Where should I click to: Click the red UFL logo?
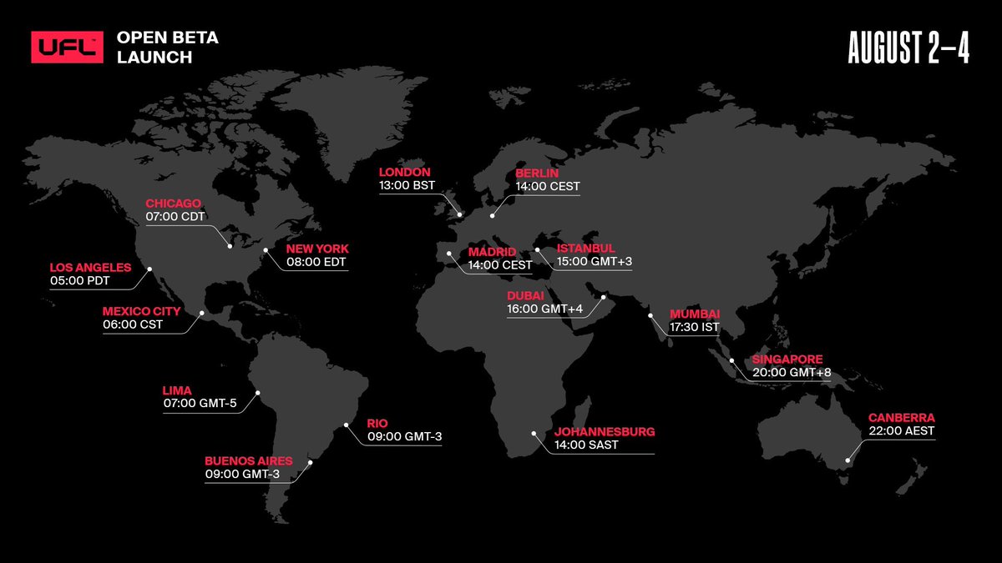click(68, 47)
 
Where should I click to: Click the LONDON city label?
click(405, 172)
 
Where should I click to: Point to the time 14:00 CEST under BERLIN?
click(548, 186)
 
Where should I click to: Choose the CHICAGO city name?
click(175, 203)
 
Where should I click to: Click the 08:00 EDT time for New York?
click(316, 262)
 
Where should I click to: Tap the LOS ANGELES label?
click(90, 268)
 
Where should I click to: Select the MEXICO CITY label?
click(141, 311)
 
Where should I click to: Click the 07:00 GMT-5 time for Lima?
click(200, 404)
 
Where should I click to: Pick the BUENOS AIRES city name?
click(249, 460)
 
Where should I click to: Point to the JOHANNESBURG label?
click(605, 432)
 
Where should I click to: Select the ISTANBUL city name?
click(586, 249)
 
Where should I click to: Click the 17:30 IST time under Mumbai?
click(694, 328)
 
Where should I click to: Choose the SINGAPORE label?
click(787, 359)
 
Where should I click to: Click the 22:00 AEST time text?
click(901, 431)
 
